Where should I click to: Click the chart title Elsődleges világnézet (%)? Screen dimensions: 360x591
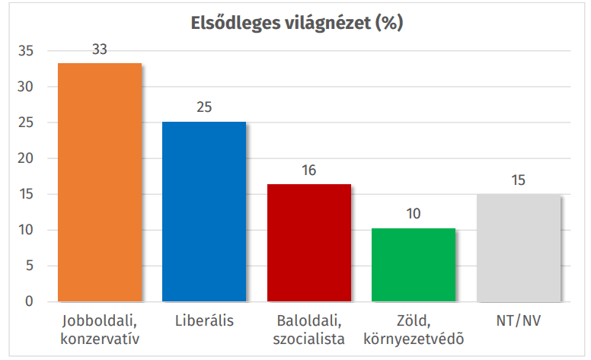[x=296, y=23]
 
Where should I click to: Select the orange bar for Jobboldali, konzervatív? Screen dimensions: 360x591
[x=100, y=183]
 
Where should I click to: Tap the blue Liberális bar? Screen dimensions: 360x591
[x=204, y=212]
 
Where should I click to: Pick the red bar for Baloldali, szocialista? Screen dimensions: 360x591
[x=309, y=243]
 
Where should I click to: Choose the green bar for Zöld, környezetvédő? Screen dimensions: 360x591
[x=414, y=265]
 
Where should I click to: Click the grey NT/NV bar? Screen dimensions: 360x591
[x=519, y=248]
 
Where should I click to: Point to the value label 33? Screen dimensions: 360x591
[x=100, y=49]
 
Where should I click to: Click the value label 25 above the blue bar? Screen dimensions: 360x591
[x=204, y=107]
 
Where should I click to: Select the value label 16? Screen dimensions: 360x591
[x=308, y=170]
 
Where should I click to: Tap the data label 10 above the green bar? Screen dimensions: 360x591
[x=414, y=214]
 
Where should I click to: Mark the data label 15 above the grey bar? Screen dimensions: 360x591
[x=519, y=180]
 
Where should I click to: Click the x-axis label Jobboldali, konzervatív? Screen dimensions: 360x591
[x=100, y=329]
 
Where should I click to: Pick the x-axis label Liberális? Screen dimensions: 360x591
[x=204, y=320]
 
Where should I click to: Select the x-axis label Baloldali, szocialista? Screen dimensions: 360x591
[x=309, y=329]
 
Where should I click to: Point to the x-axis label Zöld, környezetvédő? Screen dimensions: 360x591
[x=414, y=329]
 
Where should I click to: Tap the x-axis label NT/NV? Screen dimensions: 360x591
[x=519, y=320]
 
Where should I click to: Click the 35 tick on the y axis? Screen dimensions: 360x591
[x=27, y=52]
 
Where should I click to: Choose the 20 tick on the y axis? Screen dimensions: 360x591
[x=27, y=159]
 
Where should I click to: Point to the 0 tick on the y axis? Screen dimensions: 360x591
[x=30, y=302]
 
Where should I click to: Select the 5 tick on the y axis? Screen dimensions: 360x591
[x=30, y=266]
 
